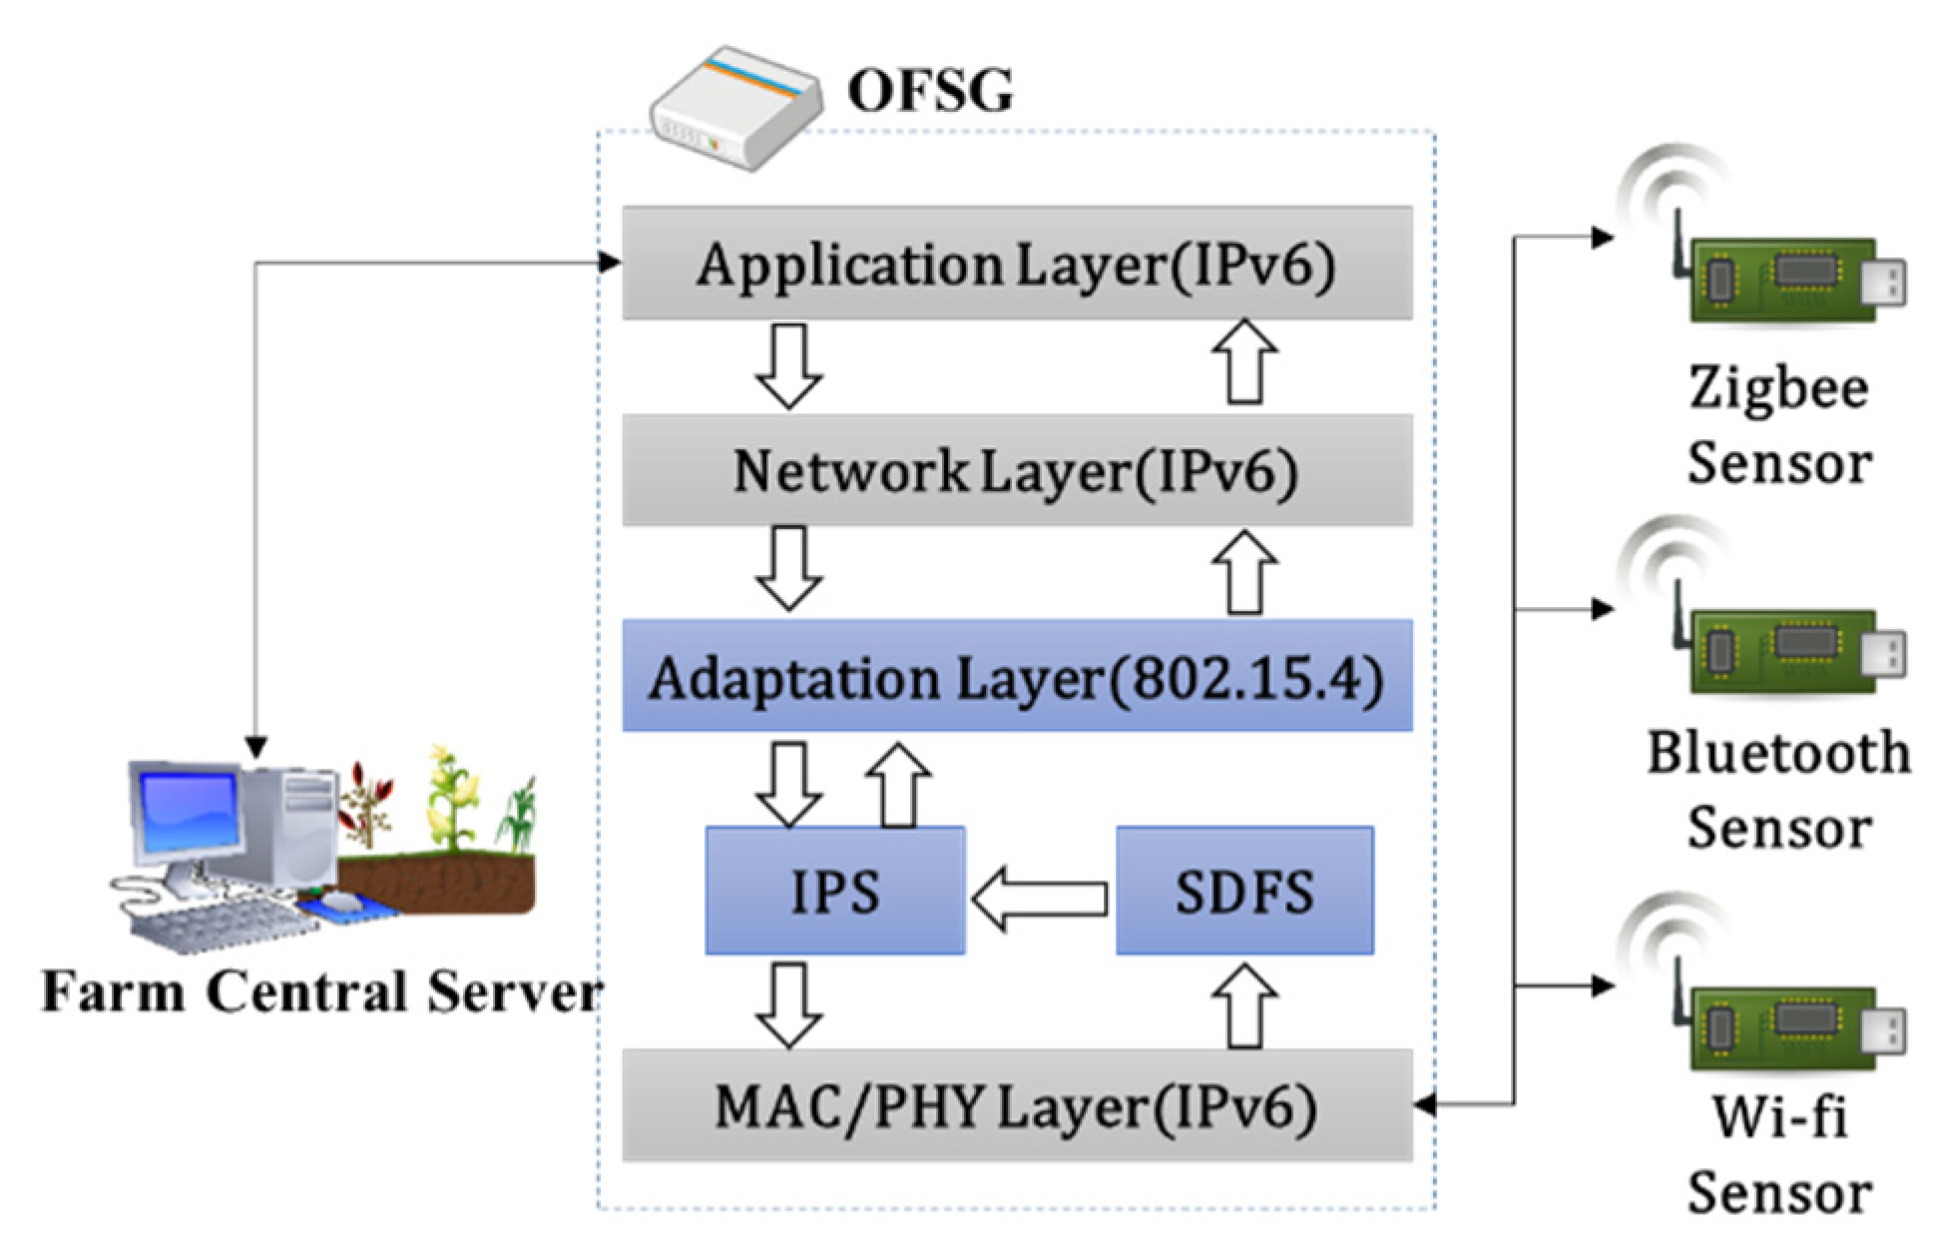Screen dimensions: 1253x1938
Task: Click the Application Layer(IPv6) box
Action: tap(1016, 264)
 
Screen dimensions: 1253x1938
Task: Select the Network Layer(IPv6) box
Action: tap(1016, 470)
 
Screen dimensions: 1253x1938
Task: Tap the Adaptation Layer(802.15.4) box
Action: tap(1016, 677)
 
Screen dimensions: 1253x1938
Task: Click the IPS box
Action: tap(834, 891)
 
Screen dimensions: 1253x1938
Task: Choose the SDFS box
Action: tap(1243, 891)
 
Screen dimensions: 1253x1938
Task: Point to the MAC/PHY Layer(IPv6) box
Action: tap(1016, 1105)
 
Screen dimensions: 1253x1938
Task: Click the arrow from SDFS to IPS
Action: tap(1040, 898)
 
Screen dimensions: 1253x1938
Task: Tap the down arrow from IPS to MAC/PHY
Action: tap(789, 1004)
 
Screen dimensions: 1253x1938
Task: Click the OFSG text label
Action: tap(930, 90)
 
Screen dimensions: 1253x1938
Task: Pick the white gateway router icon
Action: tap(736, 108)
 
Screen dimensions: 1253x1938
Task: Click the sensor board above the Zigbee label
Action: tap(1786, 280)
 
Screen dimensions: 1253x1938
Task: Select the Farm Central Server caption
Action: tap(321, 992)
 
